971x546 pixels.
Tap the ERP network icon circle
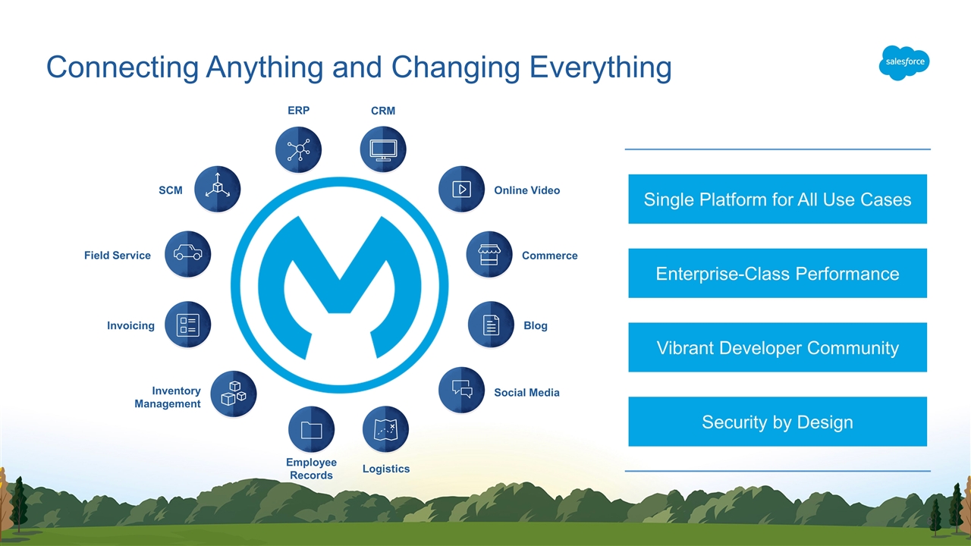[298, 149]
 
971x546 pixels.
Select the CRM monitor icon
[383, 149]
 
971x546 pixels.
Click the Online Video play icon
[461, 189]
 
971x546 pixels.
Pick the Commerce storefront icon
[489, 255]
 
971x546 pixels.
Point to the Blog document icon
[491, 325]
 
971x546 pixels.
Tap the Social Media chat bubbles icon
[461, 390]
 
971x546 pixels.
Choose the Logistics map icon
[386, 430]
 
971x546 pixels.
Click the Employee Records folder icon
[311, 430]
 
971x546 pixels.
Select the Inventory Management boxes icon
[234, 394]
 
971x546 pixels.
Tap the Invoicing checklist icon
[187, 325]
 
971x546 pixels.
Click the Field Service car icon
[187, 254]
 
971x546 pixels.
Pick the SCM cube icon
[218, 189]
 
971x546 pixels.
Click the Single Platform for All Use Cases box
[777, 199]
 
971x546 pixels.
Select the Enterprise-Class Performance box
[777, 274]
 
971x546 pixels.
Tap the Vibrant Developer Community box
[777, 348]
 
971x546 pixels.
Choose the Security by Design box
[777, 422]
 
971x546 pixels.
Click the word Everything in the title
[600, 68]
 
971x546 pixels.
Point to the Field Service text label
[118, 256]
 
